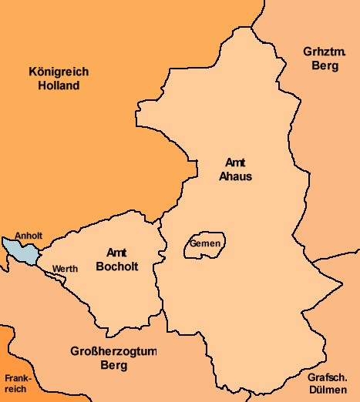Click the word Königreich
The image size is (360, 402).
(59, 72)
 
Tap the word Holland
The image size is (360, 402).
(59, 85)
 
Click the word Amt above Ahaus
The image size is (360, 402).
(234, 162)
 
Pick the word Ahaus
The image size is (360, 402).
(234, 176)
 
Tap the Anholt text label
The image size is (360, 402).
(29, 236)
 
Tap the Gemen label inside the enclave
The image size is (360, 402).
(205, 244)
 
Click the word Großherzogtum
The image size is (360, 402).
(113, 352)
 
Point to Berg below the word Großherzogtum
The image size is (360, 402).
(113, 366)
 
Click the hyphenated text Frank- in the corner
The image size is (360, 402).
(15, 378)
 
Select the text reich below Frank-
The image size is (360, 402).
(15, 389)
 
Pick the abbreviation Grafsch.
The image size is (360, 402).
(327, 377)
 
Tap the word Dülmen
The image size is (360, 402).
(327, 390)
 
